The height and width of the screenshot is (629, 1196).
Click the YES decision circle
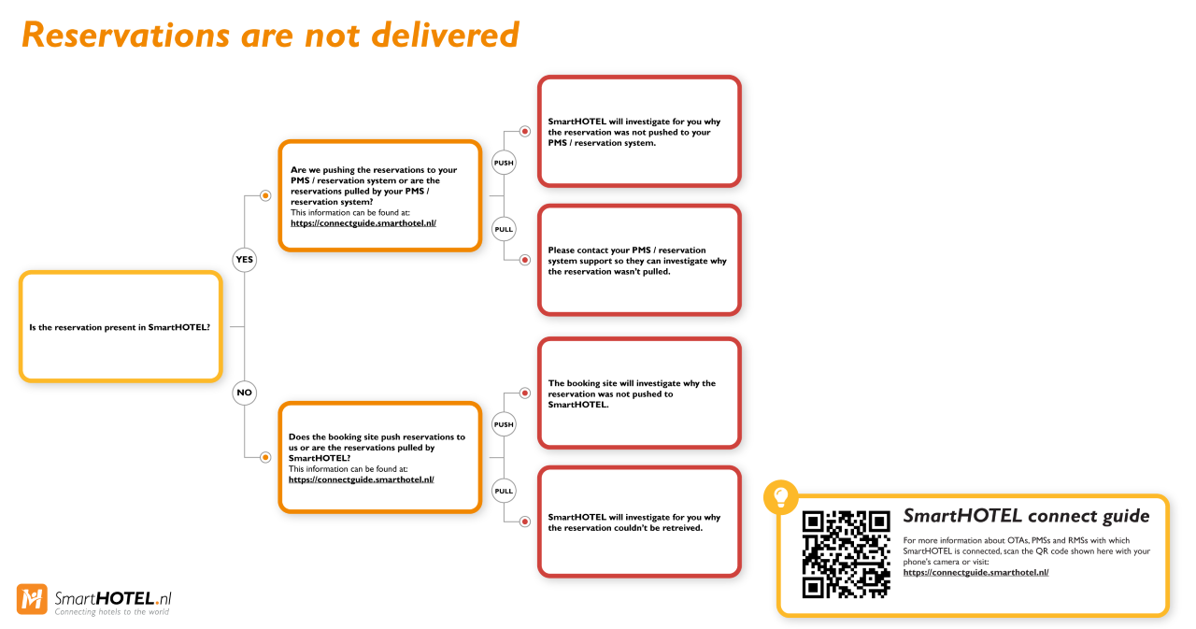(x=245, y=260)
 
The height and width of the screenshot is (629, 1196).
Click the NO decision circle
(x=245, y=393)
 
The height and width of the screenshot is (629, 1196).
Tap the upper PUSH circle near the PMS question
(x=504, y=163)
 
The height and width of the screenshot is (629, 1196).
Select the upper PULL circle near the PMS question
(x=504, y=230)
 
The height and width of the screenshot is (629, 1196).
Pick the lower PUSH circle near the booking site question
(x=504, y=424)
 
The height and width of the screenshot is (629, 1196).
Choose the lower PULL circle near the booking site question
(x=504, y=492)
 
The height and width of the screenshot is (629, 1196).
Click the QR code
(x=847, y=554)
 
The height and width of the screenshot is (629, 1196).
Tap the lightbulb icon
(x=780, y=496)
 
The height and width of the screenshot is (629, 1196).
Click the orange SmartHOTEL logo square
(x=32, y=599)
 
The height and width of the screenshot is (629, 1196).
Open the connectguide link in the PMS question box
(x=363, y=223)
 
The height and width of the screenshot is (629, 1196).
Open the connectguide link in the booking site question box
(x=361, y=479)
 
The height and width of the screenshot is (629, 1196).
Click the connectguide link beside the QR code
(x=975, y=572)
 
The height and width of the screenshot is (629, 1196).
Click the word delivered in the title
(x=445, y=35)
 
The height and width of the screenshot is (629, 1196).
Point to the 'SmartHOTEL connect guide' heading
(x=1026, y=516)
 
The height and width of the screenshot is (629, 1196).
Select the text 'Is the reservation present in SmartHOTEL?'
(x=120, y=327)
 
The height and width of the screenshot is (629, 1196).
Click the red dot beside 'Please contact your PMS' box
(x=525, y=260)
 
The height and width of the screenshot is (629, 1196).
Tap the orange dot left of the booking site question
(x=265, y=458)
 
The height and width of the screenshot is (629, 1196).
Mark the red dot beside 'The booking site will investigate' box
(x=525, y=393)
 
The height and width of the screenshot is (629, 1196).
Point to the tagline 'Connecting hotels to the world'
(x=111, y=612)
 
